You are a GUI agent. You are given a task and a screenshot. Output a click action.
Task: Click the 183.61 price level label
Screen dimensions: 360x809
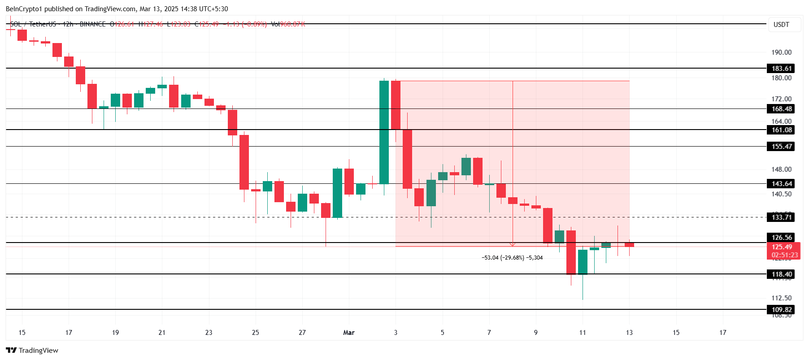click(x=782, y=69)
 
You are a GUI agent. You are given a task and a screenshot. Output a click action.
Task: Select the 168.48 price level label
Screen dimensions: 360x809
click(x=782, y=109)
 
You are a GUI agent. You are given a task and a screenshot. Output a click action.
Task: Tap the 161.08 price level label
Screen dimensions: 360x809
click(x=782, y=130)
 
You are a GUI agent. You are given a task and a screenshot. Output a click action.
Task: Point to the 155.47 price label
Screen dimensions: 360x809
click(x=782, y=147)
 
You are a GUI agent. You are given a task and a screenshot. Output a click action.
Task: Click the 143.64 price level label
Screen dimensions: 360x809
click(x=782, y=184)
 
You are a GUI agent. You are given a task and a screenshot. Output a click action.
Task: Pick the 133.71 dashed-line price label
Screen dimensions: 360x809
click(x=782, y=217)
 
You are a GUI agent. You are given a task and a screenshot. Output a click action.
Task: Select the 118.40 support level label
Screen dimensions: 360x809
click(x=782, y=274)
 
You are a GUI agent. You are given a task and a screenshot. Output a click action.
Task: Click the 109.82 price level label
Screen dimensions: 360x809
click(x=782, y=310)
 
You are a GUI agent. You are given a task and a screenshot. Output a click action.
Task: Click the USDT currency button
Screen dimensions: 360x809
click(x=781, y=25)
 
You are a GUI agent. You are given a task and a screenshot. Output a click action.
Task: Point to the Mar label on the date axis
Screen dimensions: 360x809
click(x=348, y=333)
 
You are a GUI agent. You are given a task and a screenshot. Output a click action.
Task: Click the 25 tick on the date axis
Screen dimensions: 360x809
click(x=256, y=333)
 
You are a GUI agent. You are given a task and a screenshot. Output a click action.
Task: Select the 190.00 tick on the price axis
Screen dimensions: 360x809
click(x=781, y=52)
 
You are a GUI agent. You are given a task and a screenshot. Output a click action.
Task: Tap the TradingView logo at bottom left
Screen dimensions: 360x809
click(x=32, y=351)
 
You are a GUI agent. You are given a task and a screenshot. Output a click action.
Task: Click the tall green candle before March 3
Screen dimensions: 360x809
click(x=384, y=132)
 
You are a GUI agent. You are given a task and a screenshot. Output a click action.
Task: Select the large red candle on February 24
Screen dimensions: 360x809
click(x=244, y=162)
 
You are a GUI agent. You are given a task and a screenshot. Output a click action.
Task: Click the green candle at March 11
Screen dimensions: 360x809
click(x=583, y=262)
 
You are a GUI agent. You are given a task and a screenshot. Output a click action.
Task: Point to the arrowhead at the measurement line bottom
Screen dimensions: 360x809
click(x=513, y=245)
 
